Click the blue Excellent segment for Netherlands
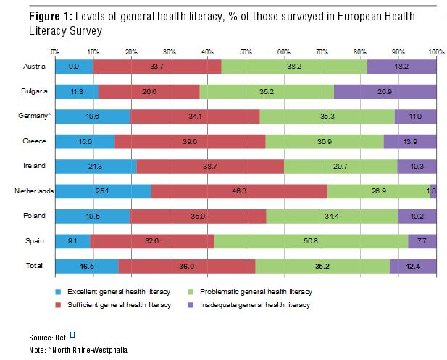pyautogui.click(x=103, y=191)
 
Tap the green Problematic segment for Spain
pyautogui.click(x=311, y=241)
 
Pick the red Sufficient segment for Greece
pyautogui.click(x=190, y=141)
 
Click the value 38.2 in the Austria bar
pyautogui.click(x=294, y=66)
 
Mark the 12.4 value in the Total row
pyautogui.click(x=414, y=266)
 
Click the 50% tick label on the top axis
pyautogui.click(x=246, y=51)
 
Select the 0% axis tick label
pyautogui.click(x=55, y=51)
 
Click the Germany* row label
pyautogui.click(x=33, y=116)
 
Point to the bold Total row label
pyautogui.click(x=34, y=266)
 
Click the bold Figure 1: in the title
pyautogui.click(x=35, y=17)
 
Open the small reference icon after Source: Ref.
pyautogui.click(x=72, y=335)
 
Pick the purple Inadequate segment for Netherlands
pyautogui.click(x=433, y=191)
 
